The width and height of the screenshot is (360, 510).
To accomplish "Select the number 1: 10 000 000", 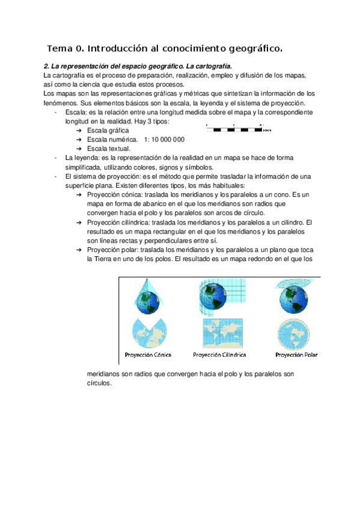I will (x=164, y=140).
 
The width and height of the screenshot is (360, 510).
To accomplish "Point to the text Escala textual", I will (x=108, y=149).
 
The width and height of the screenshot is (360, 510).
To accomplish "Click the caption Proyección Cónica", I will (x=148, y=354).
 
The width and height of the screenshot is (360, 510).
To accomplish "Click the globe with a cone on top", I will (x=147, y=295).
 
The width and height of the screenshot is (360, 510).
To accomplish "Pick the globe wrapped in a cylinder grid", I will (x=220, y=295).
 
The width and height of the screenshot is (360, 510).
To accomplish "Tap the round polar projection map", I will (x=294, y=332).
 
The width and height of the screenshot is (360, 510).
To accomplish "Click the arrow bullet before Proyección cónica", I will (x=80, y=195).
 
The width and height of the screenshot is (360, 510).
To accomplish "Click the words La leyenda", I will (x=79, y=158).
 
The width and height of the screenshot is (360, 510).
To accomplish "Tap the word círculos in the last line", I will (x=99, y=382).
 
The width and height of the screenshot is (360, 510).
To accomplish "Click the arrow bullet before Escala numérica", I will (x=80, y=140).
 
